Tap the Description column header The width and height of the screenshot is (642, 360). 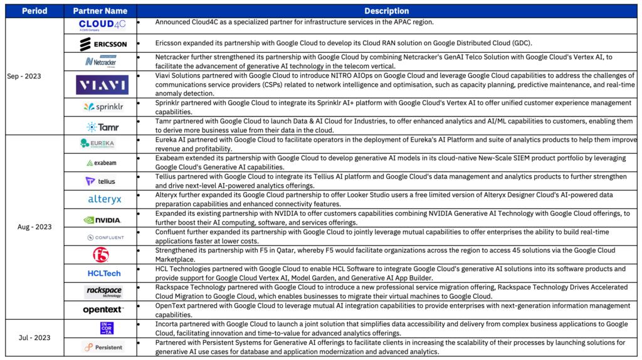pyautogui.click(x=386, y=11)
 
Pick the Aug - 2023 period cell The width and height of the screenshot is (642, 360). pyautogui.click(x=34, y=227)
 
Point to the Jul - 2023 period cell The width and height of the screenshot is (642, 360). pyautogui.click(x=34, y=337)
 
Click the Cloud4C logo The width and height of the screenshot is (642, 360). pyautogui.click(x=102, y=26)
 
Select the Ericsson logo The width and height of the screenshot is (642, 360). pyautogui.click(x=102, y=44)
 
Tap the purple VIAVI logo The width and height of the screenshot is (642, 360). pyautogui.click(x=102, y=85)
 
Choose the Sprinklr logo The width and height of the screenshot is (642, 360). pyautogui.click(x=102, y=107)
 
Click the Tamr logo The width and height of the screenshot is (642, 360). pyautogui.click(x=102, y=126)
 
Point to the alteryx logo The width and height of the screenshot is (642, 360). pyautogui.click(x=104, y=199)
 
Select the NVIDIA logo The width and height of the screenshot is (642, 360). pyautogui.click(x=102, y=220)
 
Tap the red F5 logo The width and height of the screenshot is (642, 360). pyautogui.click(x=101, y=255)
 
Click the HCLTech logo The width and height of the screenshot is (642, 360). pyautogui.click(x=104, y=273)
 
